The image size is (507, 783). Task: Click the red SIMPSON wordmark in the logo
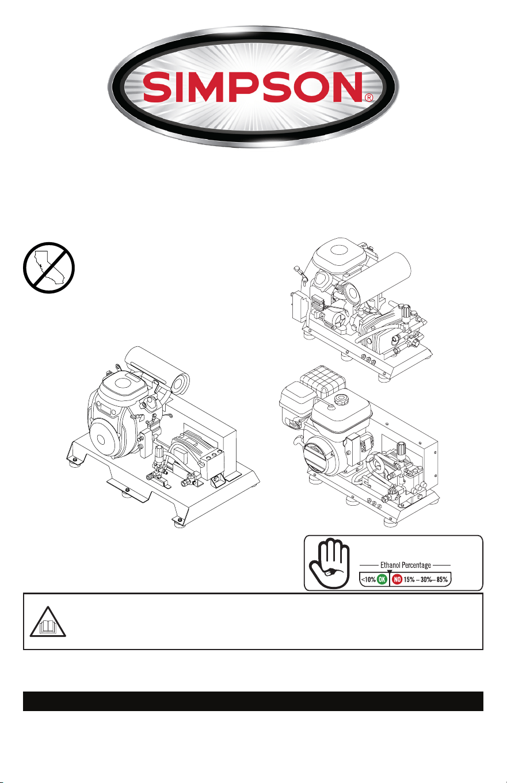253,87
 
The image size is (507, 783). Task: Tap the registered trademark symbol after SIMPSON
368,98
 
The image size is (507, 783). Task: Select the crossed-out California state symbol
49,268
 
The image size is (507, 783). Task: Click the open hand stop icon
329,563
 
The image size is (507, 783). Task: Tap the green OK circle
382,579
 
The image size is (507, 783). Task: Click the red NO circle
397,579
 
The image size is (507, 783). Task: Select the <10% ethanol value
368,579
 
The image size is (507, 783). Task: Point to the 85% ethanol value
442,579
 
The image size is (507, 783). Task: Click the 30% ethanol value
426,579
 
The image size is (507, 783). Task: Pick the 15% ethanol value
409,579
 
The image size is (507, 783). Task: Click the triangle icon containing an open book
48,624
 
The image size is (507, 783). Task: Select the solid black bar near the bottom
253,701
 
